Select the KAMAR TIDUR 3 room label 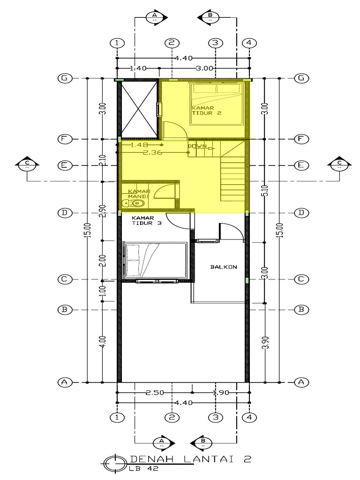click(146, 220)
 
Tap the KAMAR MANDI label click(139, 194)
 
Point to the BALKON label click(223, 267)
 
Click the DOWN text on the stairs click(197, 146)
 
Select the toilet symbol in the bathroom click(133, 203)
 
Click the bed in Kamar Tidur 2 click(217, 104)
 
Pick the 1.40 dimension click(138, 68)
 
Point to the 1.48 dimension click(139, 145)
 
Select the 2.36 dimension click(152, 152)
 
